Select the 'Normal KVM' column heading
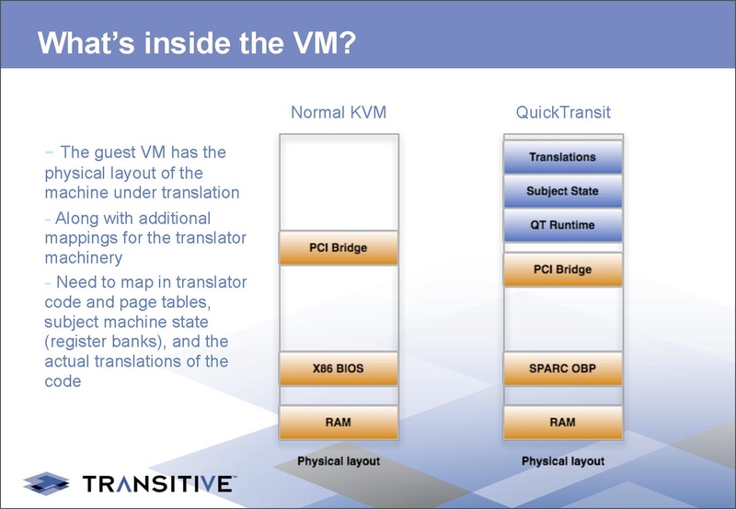(x=338, y=113)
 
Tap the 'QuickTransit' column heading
(x=562, y=113)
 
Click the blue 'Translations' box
(x=562, y=157)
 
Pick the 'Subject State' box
(x=562, y=191)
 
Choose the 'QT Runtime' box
(x=562, y=225)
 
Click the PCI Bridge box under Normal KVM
(x=338, y=248)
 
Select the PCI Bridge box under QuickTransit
(x=562, y=270)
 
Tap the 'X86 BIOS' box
(x=338, y=368)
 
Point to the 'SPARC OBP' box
(x=562, y=368)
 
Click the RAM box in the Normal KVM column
(x=338, y=422)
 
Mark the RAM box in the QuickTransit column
(x=562, y=422)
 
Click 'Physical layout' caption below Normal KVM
(x=338, y=460)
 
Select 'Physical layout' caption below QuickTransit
(x=562, y=460)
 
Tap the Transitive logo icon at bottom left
(x=47, y=481)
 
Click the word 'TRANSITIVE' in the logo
(x=158, y=482)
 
